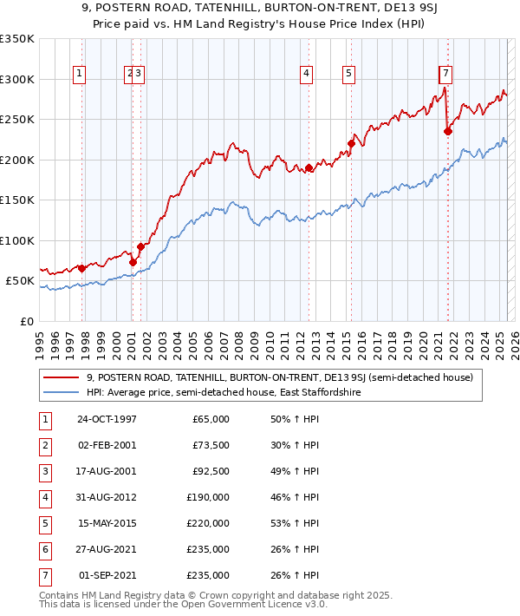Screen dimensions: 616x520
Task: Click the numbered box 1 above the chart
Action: click(79, 74)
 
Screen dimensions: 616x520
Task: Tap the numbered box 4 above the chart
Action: click(307, 74)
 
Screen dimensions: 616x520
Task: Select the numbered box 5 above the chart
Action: click(348, 74)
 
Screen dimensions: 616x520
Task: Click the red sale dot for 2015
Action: click(351, 144)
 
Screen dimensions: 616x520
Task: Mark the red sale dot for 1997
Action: click(82, 269)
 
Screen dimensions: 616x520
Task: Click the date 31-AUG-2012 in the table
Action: click(107, 497)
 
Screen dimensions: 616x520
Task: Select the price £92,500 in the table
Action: click(209, 472)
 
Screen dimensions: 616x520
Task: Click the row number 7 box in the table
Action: click(44, 574)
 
